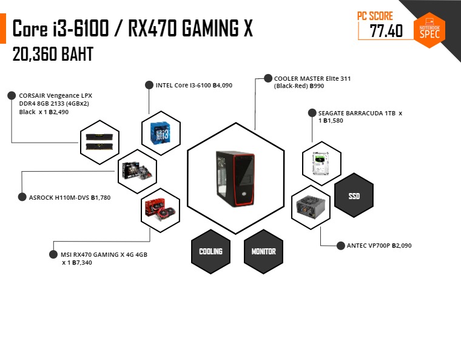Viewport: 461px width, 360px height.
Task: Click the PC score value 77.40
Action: [x=386, y=31]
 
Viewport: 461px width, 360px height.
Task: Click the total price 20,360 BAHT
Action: [x=53, y=55]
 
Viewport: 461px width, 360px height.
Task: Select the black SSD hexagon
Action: [x=354, y=195]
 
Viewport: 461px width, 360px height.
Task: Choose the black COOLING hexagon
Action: [x=210, y=251]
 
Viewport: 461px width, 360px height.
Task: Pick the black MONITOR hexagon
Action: [x=263, y=251]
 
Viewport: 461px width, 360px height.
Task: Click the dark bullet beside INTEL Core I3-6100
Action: [x=149, y=86]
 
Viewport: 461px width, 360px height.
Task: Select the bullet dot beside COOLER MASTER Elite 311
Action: [x=268, y=78]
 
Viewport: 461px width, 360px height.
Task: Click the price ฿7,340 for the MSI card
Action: [x=79, y=263]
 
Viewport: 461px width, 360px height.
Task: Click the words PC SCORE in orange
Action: [x=375, y=16]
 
